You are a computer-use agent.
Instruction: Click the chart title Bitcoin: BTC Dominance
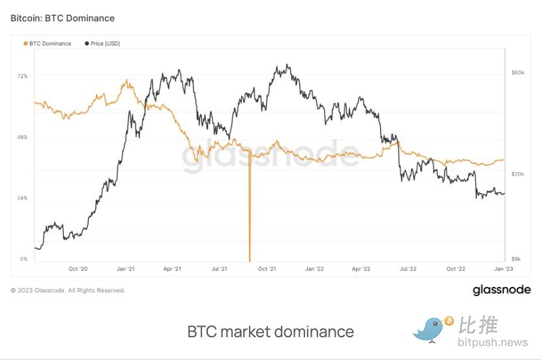click(63, 18)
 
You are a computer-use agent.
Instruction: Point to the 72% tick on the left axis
click(22, 76)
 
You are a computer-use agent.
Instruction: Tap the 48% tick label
click(22, 138)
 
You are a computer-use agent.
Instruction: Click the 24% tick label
click(22, 198)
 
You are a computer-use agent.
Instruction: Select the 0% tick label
click(23, 259)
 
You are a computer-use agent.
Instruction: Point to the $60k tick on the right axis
click(518, 72)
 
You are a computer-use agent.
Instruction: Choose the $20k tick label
click(518, 174)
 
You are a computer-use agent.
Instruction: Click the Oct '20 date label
click(78, 269)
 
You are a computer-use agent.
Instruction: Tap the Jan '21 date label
click(125, 269)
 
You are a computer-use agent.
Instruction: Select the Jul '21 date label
click(219, 269)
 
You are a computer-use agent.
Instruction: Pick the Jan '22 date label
click(314, 269)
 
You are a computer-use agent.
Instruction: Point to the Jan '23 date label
click(503, 269)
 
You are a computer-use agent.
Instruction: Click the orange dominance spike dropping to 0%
click(250, 215)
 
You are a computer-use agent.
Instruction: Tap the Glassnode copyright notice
click(68, 290)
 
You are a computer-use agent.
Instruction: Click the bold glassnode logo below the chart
click(501, 290)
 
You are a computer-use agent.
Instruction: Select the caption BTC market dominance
click(270, 331)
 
